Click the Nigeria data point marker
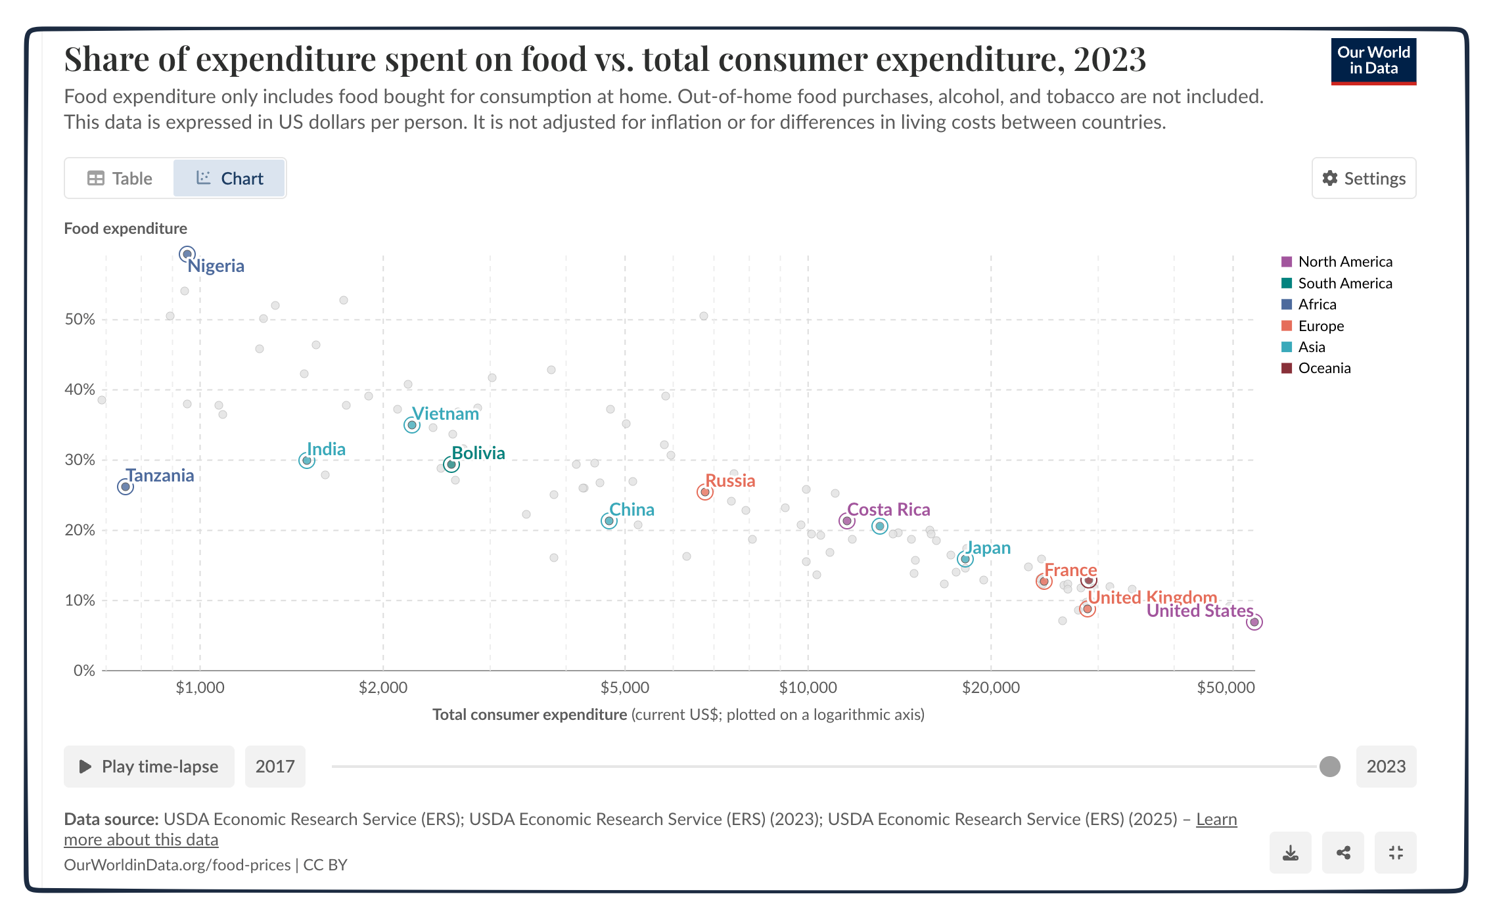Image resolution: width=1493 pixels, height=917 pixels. tap(187, 254)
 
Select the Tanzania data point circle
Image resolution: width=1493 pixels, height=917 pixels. tap(126, 487)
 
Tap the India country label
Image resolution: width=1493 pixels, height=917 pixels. tap(326, 449)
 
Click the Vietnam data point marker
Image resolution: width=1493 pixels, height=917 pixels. tap(412, 425)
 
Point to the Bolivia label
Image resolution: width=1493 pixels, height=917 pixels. tap(478, 453)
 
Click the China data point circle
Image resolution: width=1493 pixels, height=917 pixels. tap(609, 521)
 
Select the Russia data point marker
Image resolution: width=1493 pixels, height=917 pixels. tap(705, 492)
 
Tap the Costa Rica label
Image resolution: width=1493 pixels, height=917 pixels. tap(888, 510)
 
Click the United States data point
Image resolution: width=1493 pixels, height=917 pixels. tap(1254, 622)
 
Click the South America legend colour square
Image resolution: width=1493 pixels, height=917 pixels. tap(1287, 283)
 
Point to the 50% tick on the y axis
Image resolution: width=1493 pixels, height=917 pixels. tap(80, 319)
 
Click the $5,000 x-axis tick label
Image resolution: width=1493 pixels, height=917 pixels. tap(624, 688)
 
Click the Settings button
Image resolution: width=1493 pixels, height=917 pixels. tap(1364, 179)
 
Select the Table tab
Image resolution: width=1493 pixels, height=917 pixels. tap(120, 179)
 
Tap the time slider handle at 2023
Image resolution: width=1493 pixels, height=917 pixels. tap(1330, 767)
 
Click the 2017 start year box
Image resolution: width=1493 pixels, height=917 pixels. tap(275, 767)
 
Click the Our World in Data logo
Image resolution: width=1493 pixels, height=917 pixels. tap(1373, 61)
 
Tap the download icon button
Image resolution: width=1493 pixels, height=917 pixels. tap(1291, 853)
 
